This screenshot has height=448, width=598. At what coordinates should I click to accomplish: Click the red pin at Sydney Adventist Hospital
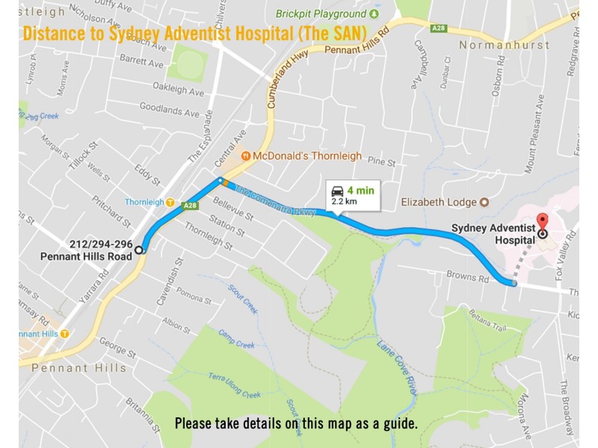543,223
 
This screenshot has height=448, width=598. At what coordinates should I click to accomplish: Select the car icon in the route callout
338,190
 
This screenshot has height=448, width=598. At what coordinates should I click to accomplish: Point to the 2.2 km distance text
344,202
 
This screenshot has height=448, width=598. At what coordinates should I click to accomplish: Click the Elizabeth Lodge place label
437,202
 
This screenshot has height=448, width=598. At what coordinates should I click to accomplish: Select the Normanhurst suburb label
504,45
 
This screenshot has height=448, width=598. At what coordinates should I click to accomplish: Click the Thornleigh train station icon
170,202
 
